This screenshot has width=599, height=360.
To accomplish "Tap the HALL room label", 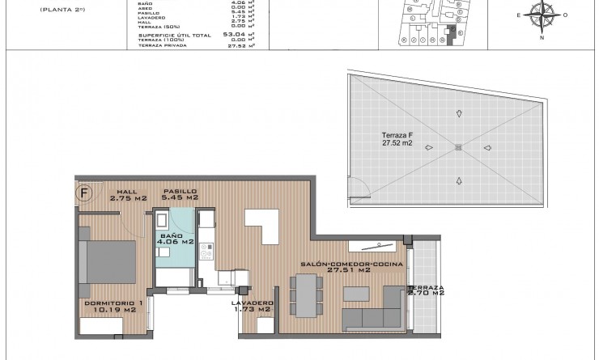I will click(x=128, y=194).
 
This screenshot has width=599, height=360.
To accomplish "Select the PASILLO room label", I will click(x=180, y=194).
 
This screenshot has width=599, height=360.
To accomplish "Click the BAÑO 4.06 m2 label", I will click(x=176, y=237).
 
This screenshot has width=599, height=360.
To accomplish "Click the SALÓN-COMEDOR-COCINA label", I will click(x=335, y=267).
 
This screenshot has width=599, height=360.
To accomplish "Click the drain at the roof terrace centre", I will click(x=459, y=147).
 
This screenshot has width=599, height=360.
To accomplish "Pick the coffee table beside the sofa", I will click(x=354, y=291).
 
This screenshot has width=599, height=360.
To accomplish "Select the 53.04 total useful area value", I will click(x=234, y=35).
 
